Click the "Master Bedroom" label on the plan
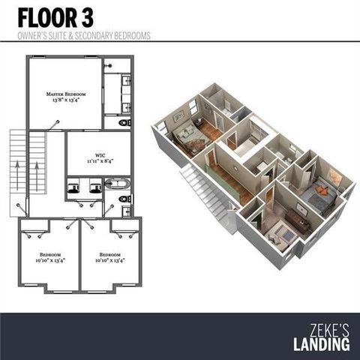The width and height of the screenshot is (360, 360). click(x=66, y=94)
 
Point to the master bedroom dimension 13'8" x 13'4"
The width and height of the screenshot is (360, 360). click(x=66, y=100)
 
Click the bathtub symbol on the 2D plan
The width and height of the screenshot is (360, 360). click(x=116, y=182)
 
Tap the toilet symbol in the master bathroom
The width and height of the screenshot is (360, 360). click(x=125, y=121)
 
